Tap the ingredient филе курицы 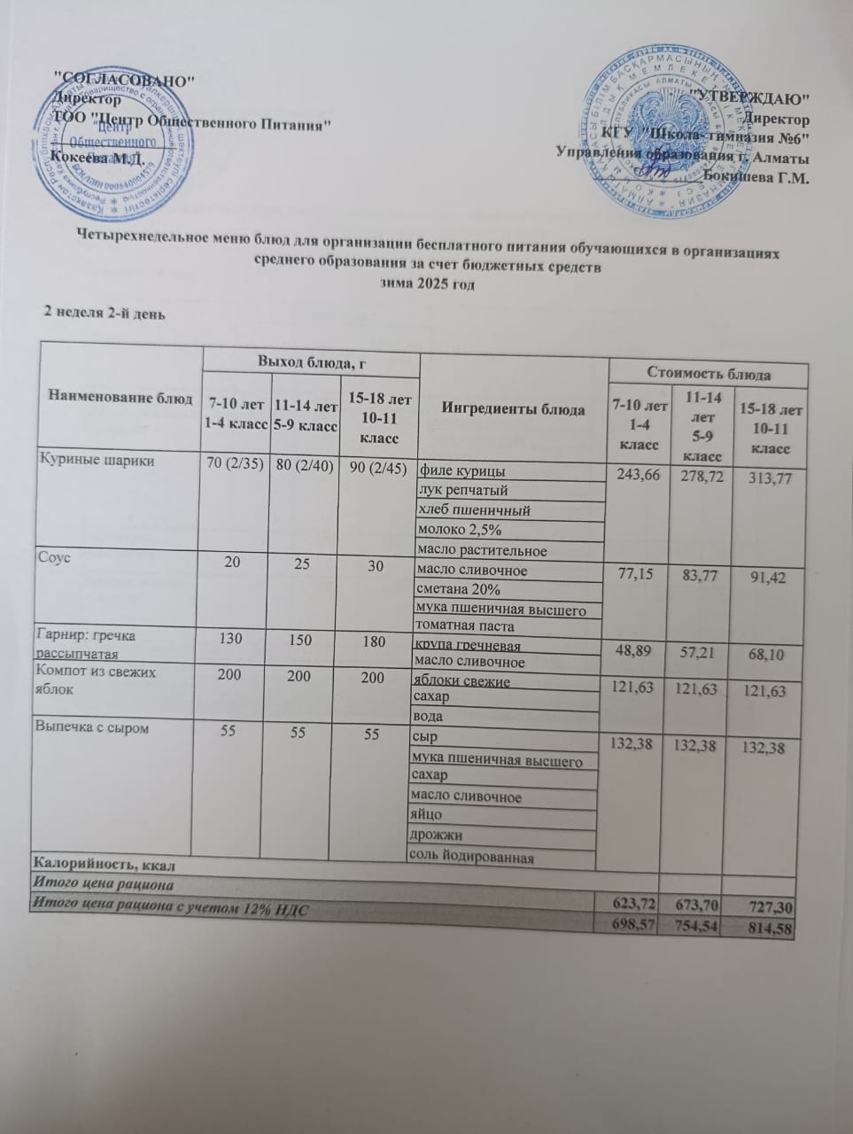point(462,470)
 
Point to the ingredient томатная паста point(464,625)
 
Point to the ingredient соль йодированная point(469,857)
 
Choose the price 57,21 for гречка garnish point(698,655)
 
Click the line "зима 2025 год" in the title point(427,285)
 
